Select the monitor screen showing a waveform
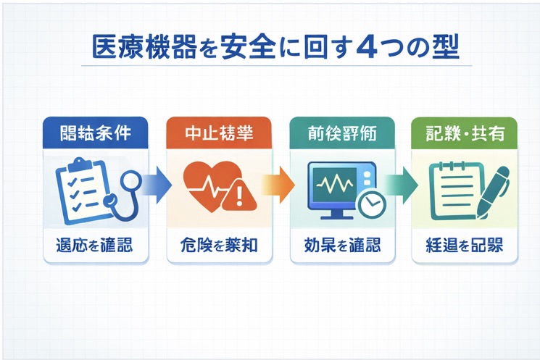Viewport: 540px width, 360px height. pos(336,184)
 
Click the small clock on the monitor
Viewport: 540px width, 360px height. pos(372,205)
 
